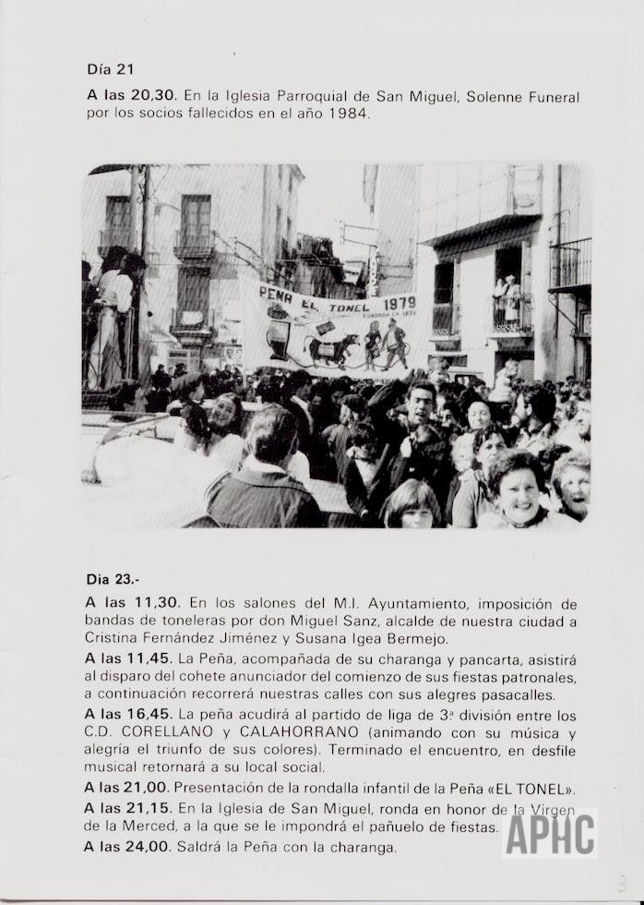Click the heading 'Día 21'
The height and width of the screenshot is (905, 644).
tap(110, 69)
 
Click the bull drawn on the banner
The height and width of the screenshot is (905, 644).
tap(333, 349)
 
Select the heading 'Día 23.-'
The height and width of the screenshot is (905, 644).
tap(113, 580)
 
